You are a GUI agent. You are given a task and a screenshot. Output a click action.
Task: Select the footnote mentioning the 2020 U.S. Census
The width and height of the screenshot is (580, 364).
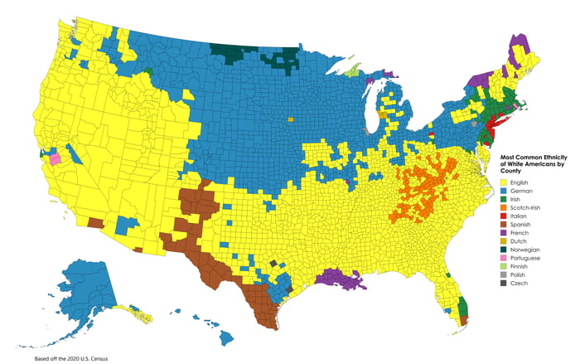click(71, 358)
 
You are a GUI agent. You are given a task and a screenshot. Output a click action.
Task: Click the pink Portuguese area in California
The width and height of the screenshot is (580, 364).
click(55, 158)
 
